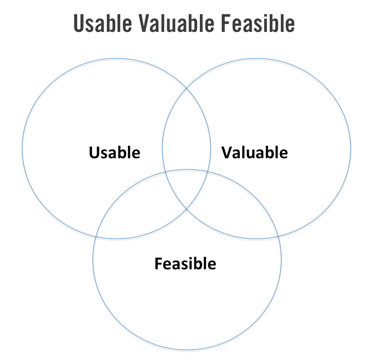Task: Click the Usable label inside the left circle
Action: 114,152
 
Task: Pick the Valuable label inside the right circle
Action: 254,152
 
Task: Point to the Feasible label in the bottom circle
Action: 185,264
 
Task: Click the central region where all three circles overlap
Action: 186,187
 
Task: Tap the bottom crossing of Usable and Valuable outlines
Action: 186,210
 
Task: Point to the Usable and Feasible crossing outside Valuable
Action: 96,237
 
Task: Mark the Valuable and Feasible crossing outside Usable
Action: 278,236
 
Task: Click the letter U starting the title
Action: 79,24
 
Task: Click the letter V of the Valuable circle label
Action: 226,152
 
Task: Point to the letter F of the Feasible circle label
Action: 158,264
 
